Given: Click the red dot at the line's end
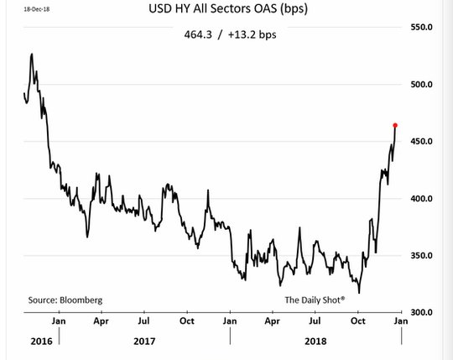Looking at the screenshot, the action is point(395,125).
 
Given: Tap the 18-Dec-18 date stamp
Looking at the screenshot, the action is point(37,9).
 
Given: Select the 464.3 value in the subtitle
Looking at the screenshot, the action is point(198,34).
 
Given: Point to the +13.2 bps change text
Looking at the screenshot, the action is point(253,35).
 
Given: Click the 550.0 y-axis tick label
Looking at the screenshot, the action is point(421,27).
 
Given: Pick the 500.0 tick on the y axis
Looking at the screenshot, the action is point(421,85).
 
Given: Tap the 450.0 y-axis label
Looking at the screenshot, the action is point(421,141).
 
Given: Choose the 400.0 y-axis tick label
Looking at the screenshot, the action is point(421,199).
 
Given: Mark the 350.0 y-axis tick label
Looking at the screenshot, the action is point(421,255).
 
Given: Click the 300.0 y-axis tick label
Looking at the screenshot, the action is point(421,312).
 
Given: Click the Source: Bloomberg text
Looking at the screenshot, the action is point(65,300).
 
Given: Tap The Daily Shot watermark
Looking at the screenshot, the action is point(315,300).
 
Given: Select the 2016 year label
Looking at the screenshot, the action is point(42,342).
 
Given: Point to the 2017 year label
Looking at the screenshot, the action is point(144,342).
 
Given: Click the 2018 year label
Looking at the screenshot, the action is point(315,342).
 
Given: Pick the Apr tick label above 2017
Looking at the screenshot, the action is point(102,321).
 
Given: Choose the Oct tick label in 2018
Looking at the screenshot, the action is point(358,321).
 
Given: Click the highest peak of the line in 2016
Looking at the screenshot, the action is point(32,54).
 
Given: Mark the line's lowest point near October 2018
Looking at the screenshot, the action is point(359,293).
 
